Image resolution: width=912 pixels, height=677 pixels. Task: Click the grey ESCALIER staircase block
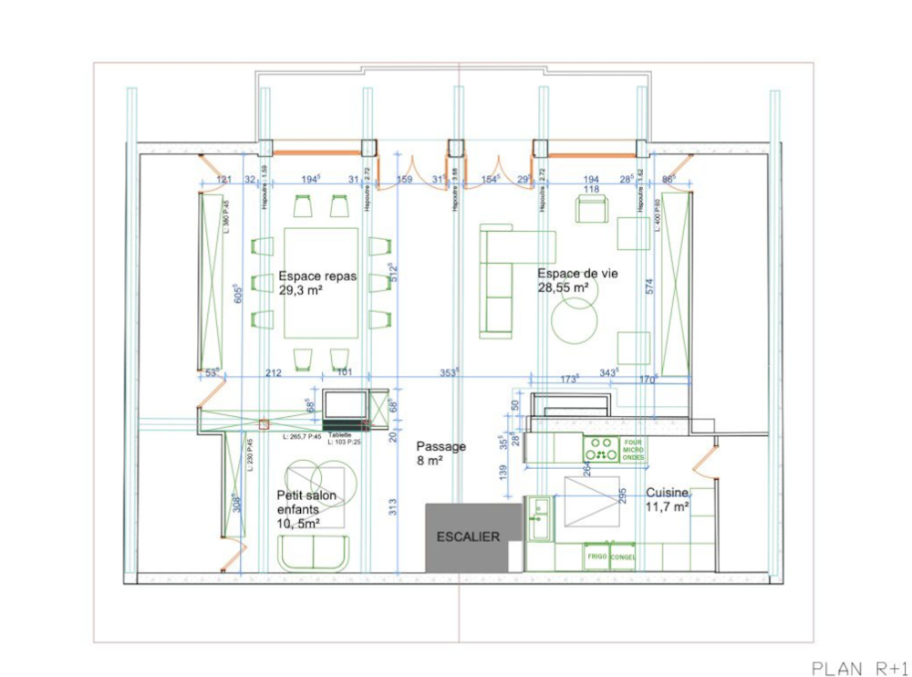tap(467, 537)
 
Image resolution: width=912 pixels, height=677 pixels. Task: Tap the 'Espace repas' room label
tap(317, 276)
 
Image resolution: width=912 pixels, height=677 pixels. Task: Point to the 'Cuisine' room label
tap(668, 492)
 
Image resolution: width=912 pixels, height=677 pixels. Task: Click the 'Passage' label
tap(441, 446)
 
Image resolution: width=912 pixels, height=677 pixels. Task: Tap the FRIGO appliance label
tap(597, 556)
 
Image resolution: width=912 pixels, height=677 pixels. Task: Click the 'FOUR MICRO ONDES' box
tap(634, 450)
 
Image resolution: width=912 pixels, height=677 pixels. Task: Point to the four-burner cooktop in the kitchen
tap(602, 450)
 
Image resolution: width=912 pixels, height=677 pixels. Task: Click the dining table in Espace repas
tap(321, 283)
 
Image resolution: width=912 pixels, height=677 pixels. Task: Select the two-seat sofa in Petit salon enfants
tap(313, 552)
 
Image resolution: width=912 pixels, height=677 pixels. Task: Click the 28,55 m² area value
tap(563, 287)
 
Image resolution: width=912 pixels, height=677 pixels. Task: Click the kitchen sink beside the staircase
tap(539, 520)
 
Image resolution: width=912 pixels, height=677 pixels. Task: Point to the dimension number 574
tap(648, 286)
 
